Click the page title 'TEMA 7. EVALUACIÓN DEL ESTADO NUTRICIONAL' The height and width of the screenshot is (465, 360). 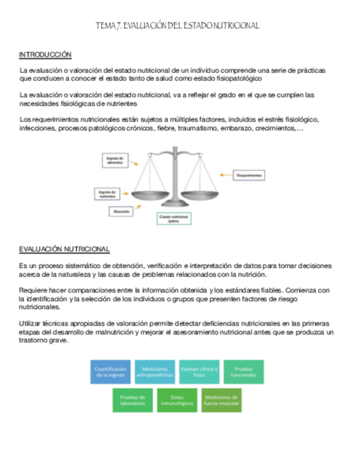pyautogui.click(x=177, y=26)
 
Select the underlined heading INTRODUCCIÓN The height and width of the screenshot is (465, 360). pyautogui.click(x=46, y=55)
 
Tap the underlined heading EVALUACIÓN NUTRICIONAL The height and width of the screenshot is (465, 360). pyautogui.click(x=64, y=249)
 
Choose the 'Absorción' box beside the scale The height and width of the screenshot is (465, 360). pyautogui.click(x=121, y=211)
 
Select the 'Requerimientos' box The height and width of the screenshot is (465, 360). pyautogui.click(x=249, y=175)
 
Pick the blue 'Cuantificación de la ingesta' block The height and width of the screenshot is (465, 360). pyautogui.click(x=111, y=372)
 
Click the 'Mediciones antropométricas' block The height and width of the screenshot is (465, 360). pyautogui.click(x=155, y=372)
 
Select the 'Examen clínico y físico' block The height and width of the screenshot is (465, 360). pyautogui.click(x=199, y=372)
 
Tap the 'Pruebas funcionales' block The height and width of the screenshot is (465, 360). pyautogui.click(x=243, y=372)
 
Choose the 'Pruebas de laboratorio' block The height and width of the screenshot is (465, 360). pyautogui.click(x=132, y=400)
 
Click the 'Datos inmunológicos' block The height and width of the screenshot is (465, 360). pyautogui.click(x=177, y=400)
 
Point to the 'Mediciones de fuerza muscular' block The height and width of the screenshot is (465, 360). pyautogui.click(x=221, y=400)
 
